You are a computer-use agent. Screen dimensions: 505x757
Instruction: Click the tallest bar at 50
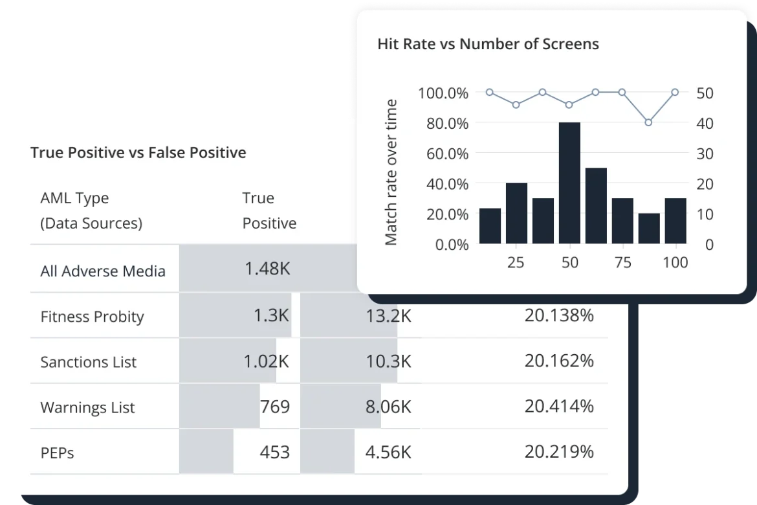(x=569, y=183)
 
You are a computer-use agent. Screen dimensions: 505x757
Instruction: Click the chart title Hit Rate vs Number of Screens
(x=488, y=44)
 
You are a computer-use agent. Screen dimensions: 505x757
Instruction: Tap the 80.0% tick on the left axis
(x=443, y=123)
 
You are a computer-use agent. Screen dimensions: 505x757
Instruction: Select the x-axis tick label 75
(x=622, y=263)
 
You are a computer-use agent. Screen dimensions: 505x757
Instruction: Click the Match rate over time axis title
(x=391, y=172)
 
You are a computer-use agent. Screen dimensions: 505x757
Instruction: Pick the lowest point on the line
(x=648, y=122)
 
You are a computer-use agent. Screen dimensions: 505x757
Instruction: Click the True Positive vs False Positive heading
(x=138, y=153)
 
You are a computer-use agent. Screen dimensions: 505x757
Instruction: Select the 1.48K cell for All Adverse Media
(x=267, y=269)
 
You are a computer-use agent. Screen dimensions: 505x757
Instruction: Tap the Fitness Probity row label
(x=92, y=317)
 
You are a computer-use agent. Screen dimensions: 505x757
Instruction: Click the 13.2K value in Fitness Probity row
(x=388, y=317)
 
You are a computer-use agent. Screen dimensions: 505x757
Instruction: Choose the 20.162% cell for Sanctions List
(x=559, y=361)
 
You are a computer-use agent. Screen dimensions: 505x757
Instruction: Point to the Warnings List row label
(x=88, y=407)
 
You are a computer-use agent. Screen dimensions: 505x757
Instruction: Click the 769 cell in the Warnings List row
(x=274, y=407)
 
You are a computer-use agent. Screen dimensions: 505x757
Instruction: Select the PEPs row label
(x=57, y=453)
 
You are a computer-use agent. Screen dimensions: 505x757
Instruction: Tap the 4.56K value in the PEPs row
(x=388, y=452)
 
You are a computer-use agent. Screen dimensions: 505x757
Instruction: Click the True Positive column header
(x=269, y=210)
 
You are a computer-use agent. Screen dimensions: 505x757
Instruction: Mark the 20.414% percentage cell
(x=559, y=407)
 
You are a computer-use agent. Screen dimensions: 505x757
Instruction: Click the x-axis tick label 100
(x=675, y=263)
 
